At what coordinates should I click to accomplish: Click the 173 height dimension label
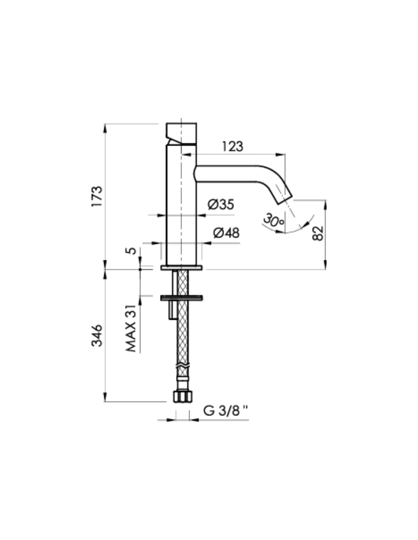pos(97,196)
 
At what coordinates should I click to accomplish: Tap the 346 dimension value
pos(97,335)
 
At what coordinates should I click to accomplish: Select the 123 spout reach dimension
pos(233,146)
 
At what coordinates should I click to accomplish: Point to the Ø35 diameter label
pos(221,205)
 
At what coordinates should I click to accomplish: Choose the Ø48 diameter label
pos(226,233)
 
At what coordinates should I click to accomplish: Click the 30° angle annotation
pos(273,220)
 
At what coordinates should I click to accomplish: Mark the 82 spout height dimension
pos(318,233)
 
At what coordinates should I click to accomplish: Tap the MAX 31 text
pos(131,328)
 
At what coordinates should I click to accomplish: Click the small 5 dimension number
pos(131,251)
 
